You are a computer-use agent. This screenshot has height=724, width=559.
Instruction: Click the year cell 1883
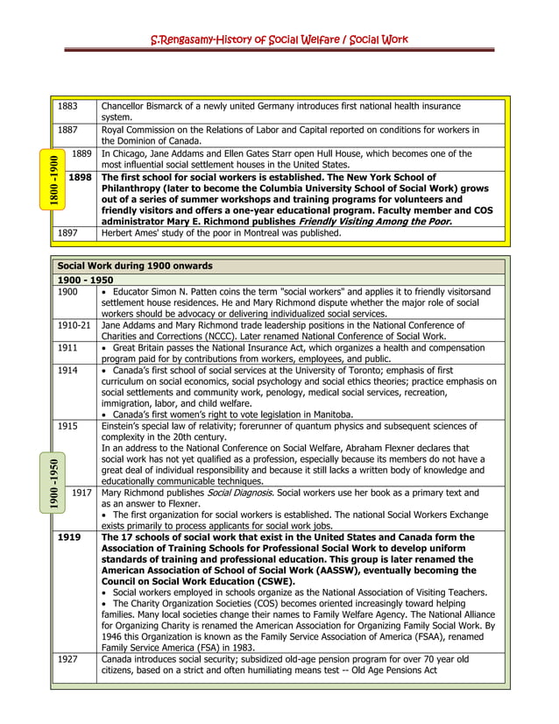67,106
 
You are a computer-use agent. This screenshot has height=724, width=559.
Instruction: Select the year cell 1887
67,130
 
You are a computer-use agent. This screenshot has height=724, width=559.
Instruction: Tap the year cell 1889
81,153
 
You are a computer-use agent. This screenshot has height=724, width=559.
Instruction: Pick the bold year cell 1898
80,177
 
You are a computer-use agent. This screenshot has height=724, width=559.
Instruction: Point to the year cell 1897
67,233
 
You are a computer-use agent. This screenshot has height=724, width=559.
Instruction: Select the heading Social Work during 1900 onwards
135,266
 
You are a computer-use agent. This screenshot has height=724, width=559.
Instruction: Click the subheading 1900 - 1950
85,280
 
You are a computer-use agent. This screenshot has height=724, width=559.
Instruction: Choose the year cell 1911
67,348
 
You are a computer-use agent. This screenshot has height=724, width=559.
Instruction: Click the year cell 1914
67,371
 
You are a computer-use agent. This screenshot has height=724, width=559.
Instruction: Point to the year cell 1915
67,425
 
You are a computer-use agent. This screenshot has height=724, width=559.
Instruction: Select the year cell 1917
81,493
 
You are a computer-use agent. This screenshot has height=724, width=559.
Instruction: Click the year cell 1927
67,658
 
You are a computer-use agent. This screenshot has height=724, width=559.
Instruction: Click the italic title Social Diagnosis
239,493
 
